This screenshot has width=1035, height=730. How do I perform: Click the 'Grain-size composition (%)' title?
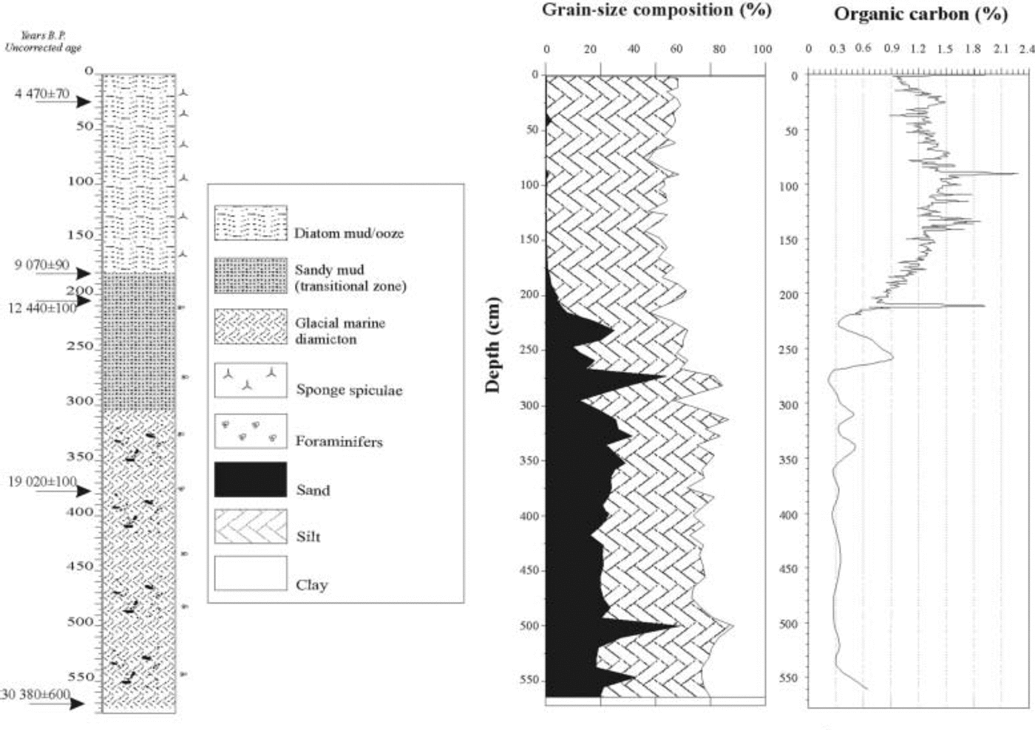tap(656, 10)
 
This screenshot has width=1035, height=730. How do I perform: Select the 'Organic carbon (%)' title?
tap(920, 14)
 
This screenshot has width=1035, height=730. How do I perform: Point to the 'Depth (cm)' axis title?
tap(493, 344)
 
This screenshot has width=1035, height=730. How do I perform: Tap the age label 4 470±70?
tap(42, 94)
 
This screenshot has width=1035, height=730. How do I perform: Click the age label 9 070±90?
tap(42, 265)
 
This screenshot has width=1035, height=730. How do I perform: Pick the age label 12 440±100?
tap(42, 307)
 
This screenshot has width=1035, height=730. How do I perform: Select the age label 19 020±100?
tap(42, 482)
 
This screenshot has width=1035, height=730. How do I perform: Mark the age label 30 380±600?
tap(36, 695)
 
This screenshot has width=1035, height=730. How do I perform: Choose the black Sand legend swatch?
tap(251, 480)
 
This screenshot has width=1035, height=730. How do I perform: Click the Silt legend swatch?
tap(251, 527)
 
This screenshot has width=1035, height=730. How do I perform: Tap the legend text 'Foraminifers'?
tap(339, 442)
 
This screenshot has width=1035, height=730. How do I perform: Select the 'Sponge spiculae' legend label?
tap(349, 390)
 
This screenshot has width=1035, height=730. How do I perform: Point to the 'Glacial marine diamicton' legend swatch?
tap(251, 327)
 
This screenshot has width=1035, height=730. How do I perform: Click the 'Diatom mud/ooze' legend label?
tap(349, 233)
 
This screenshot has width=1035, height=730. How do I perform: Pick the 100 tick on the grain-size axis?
tap(762, 50)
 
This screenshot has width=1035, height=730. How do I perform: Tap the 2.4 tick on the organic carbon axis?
tap(1025, 49)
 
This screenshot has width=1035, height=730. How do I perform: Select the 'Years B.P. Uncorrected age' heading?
tap(44, 42)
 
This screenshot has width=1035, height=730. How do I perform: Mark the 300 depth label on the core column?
tap(81, 401)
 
